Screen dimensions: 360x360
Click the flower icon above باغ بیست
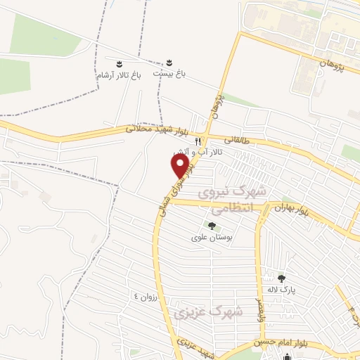(x=168, y=62)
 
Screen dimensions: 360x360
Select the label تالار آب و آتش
(x=199, y=152)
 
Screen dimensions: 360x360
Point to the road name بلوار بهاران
(x=292, y=210)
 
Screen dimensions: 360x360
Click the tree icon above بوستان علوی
(x=212, y=226)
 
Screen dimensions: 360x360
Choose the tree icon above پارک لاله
(x=282, y=278)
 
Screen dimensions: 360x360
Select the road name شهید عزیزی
(x=195, y=347)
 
